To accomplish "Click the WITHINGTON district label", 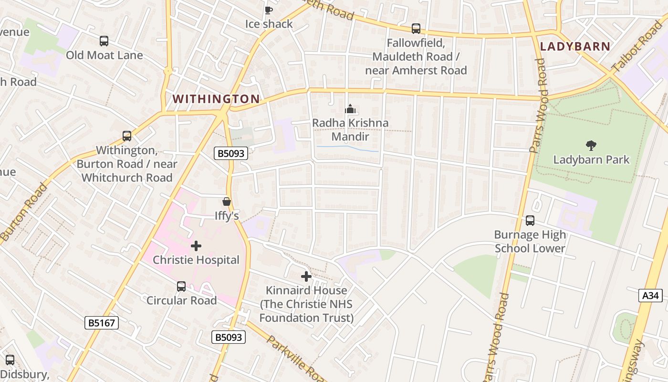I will point(216,99).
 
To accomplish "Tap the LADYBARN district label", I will point(575,46).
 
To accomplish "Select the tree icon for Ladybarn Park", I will point(591,146).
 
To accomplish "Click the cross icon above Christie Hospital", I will point(196,246).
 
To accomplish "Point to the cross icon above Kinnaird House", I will point(306,276).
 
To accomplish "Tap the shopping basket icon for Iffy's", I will point(227,202).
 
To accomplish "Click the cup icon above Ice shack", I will point(269,10).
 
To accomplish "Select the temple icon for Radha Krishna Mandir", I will point(350,109).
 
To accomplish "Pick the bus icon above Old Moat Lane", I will point(104,41).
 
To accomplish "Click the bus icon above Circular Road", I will point(181,286).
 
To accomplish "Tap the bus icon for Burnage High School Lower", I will point(530,221).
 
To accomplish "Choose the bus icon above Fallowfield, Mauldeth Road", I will point(416,29).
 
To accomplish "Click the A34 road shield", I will point(650,296).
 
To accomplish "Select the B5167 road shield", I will point(102,323).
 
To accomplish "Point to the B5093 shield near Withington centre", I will point(231,153).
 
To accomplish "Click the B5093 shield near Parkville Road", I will point(229,337).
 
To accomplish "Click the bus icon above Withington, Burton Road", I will point(127,136).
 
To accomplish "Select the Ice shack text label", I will point(269,24).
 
